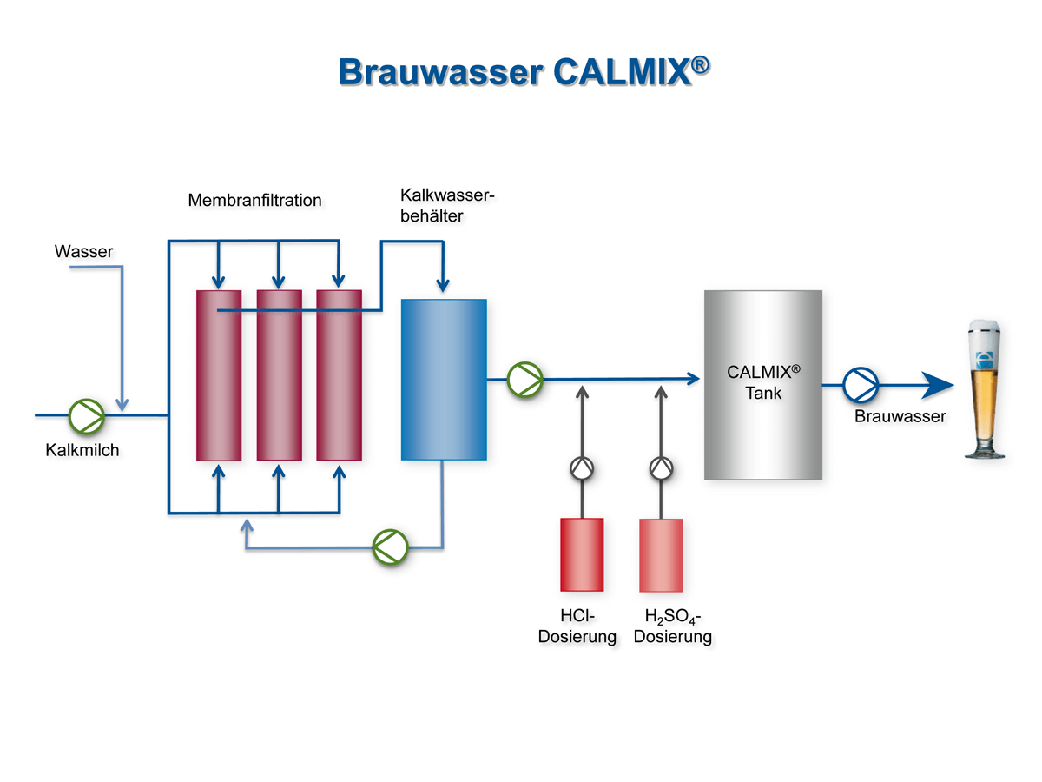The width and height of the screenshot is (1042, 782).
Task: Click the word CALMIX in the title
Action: point(622,71)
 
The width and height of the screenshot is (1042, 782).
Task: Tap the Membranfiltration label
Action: point(254,201)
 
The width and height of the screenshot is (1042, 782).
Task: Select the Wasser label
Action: point(83,252)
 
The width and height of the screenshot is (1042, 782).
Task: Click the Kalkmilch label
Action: point(82,450)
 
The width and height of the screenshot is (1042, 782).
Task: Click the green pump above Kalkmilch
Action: point(87,415)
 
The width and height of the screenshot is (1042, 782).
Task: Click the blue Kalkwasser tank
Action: point(444,379)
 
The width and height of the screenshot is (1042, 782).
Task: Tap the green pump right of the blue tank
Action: point(524,379)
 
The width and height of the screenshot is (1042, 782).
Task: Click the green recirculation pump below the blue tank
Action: point(390,547)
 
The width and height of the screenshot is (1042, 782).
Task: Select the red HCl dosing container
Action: point(582,554)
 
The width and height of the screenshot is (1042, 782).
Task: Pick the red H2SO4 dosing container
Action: point(661,554)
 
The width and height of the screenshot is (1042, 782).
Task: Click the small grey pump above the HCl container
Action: point(582,468)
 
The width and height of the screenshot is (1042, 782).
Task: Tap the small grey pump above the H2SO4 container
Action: point(661,468)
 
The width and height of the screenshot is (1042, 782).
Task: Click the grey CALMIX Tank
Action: point(762,384)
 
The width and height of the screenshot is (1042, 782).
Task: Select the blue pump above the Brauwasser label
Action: point(862,382)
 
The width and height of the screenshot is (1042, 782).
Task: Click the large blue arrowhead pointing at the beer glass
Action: point(936,382)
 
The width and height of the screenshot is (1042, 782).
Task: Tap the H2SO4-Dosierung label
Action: point(673,626)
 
